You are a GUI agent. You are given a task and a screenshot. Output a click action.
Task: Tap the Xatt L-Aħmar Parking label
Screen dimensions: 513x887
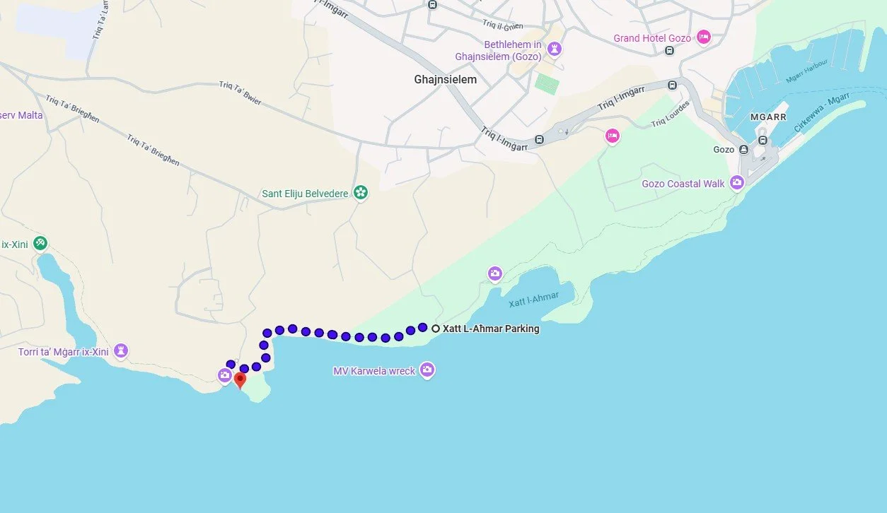(491, 329)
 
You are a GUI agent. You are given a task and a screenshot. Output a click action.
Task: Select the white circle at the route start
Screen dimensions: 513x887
(436, 329)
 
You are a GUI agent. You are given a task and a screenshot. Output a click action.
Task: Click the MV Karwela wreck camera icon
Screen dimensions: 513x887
(427, 370)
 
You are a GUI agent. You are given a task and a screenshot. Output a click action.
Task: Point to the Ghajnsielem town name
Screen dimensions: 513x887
(445, 80)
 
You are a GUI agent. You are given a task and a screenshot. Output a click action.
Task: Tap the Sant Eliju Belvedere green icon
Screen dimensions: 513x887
(361, 192)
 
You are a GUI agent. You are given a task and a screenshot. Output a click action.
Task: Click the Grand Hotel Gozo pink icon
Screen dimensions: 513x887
(703, 37)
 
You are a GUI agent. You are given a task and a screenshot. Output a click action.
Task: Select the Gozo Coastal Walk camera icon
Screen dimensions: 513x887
(737, 183)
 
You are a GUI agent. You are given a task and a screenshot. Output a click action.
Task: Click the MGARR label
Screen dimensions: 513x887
(767, 117)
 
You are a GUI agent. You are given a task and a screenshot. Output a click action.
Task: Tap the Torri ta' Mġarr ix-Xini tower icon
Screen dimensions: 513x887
(122, 350)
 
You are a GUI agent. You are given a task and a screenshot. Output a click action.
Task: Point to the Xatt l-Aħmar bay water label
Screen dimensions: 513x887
(534, 300)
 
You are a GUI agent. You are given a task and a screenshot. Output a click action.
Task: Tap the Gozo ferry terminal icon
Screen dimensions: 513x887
(743, 150)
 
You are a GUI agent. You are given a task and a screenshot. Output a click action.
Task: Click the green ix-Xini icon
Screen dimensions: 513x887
(40, 243)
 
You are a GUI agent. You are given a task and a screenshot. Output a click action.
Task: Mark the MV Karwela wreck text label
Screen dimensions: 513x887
(375, 371)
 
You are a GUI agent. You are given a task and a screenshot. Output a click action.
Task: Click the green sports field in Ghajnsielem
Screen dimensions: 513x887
(547, 84)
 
